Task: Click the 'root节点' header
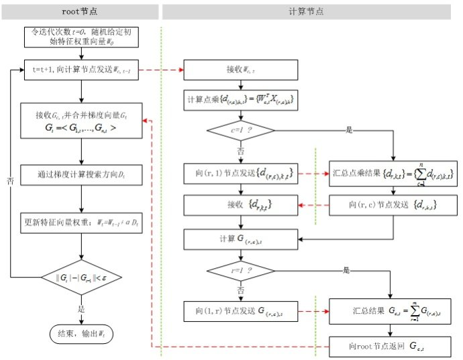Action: (81, 11)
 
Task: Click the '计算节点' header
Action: (310, 11)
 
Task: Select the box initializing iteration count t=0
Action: (80, 37)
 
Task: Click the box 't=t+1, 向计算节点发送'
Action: (80, 69)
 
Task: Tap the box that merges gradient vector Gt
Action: (80, 120)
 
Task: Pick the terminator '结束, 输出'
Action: (80, 333)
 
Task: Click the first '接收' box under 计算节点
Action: (241, 69)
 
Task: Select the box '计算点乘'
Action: (241, 100)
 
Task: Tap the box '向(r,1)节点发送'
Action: (241, 173)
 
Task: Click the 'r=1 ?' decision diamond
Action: (241, 271)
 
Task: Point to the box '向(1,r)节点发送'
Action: (241, 311)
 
